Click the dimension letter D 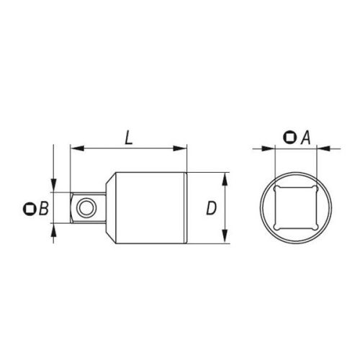(211, 209)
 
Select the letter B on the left (43, 209)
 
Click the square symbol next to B (30, 209)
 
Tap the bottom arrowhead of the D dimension (227, 240)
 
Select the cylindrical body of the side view (151, 209)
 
